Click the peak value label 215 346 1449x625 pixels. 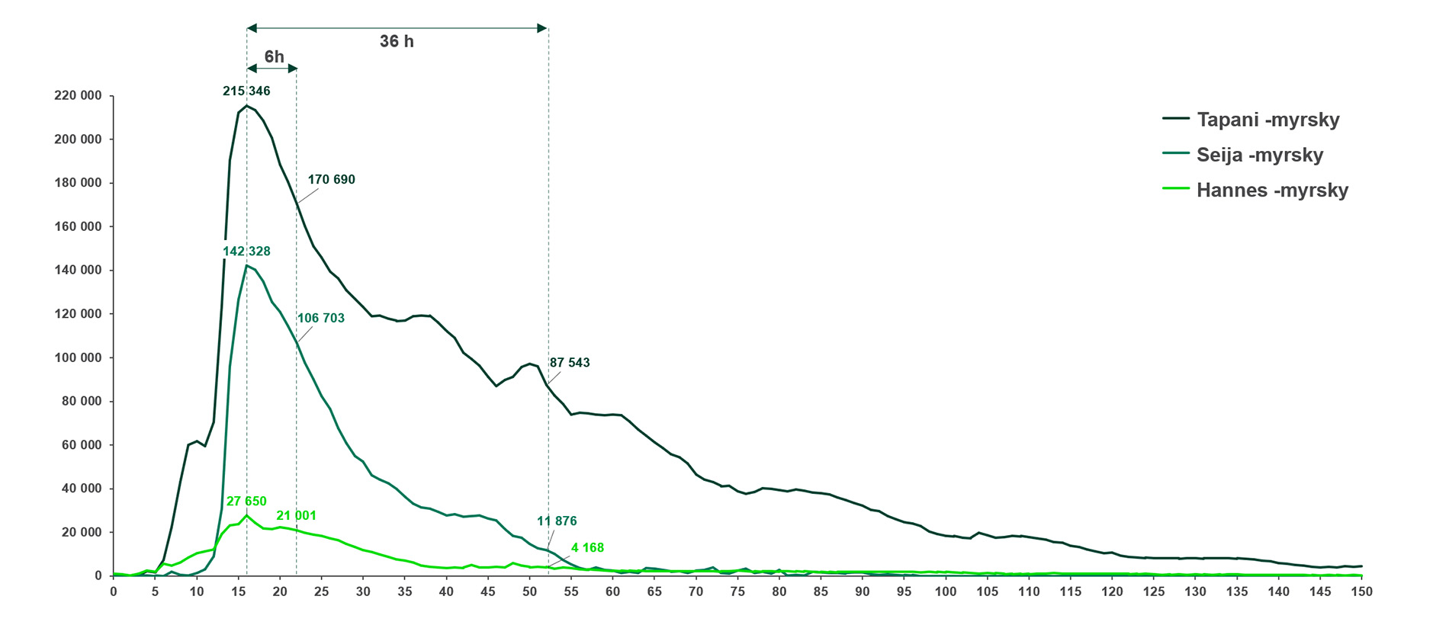246,91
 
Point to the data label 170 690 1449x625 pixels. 331,180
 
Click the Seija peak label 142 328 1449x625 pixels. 246,252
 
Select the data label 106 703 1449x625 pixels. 320,319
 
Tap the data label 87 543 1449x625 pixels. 570,363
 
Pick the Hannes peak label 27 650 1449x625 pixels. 246,502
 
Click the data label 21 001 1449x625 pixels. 296,516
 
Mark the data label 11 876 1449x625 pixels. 557,521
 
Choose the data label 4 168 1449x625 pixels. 587,548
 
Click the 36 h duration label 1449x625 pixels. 397,42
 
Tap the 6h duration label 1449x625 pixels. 274,57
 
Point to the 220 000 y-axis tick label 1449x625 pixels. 78,96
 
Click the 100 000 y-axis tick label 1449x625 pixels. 78,357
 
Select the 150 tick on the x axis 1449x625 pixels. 1362,592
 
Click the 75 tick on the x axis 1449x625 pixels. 737,592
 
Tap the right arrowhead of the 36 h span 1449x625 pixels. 542,28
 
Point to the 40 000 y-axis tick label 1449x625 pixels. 81,489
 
